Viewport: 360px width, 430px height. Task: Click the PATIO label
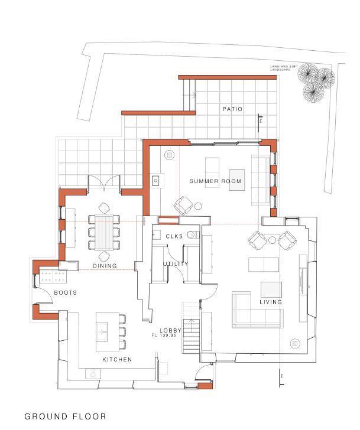(232, 109)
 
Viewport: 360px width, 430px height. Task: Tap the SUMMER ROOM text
(216, 181)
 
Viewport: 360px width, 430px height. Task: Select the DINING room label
(104, 266)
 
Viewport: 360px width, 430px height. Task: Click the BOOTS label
(66, 292)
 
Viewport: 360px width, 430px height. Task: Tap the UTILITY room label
(176, 264)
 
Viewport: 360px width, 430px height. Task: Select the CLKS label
(175, 237)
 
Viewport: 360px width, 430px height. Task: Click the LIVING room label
(271, 302)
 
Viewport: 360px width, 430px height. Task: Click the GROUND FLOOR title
(65, 416)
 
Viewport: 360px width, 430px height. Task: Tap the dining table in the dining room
(105, 231)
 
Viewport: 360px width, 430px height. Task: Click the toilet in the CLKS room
(191, 234)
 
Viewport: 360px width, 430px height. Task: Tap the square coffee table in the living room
(272, 289)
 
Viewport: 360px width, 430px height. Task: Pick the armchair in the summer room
(183, 206)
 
